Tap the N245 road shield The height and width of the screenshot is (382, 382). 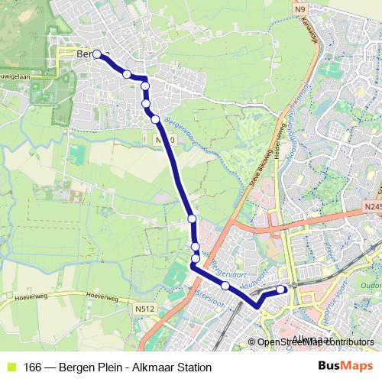[371, 206]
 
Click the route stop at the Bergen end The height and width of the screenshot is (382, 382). [97, 54]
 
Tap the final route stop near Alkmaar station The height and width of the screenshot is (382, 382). [282, 289]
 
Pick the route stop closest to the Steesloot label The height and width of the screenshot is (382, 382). [225, 286]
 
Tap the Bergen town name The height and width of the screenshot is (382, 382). [88, 55]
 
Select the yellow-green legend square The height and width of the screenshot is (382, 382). [10, 367]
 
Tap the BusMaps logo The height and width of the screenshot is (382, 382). [341, 367]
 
